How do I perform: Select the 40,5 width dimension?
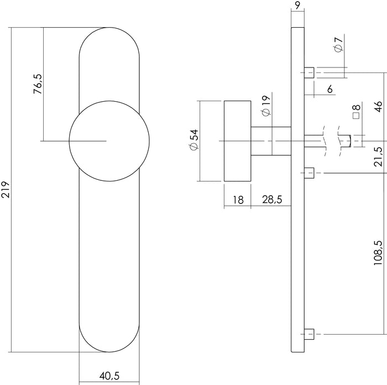click(x=109, y=376)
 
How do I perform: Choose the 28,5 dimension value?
click(x=271, y=200)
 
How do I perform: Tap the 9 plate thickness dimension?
click(x=297, y=7)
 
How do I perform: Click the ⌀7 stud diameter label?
click(x=338, y=44)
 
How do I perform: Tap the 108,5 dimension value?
click(x=379, y=252)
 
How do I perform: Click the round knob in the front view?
click(x=109, y=141)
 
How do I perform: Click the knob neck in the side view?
click(x=270, y=141)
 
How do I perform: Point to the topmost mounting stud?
click(x=310, y=72)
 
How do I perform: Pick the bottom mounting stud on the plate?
click(x=310, y=334)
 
